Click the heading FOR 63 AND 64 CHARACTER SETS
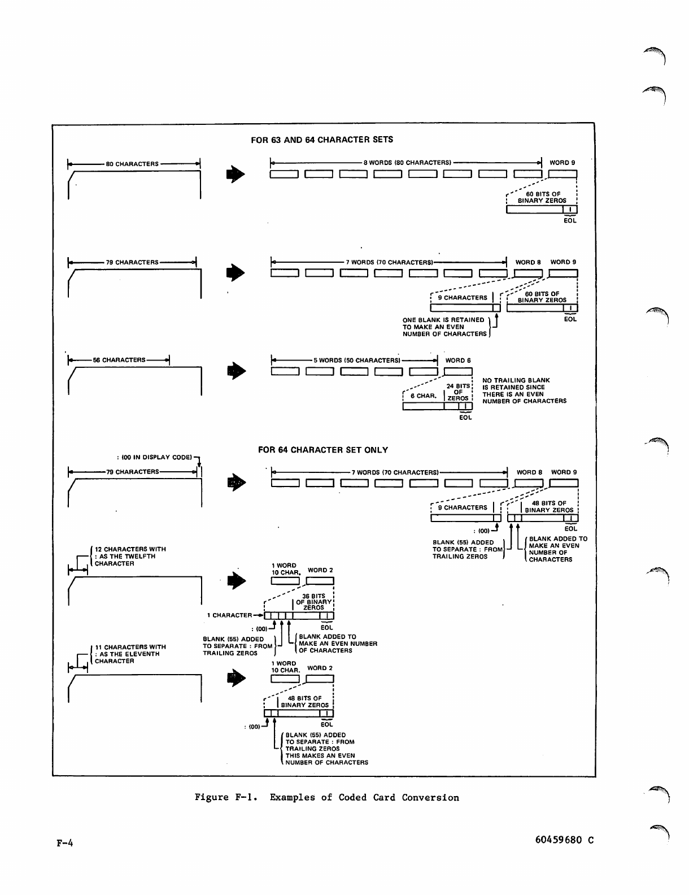coord(322,140)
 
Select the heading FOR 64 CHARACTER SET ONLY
coord(323,450)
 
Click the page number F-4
coord(65,844)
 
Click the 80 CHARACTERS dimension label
coord(132,164)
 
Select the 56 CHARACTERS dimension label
coord(119,360)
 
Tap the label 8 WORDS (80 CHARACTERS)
coord(407,163)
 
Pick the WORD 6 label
coord(458,360)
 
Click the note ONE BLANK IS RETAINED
coord(444,327)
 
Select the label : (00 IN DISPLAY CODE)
coord(154,457)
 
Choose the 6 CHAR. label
coord(424,396)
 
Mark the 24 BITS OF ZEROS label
coord(458,392)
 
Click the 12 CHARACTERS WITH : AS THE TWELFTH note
coord(130,557)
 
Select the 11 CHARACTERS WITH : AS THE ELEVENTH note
coord(130,654)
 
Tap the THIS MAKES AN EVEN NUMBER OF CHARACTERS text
coord(326,759)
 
